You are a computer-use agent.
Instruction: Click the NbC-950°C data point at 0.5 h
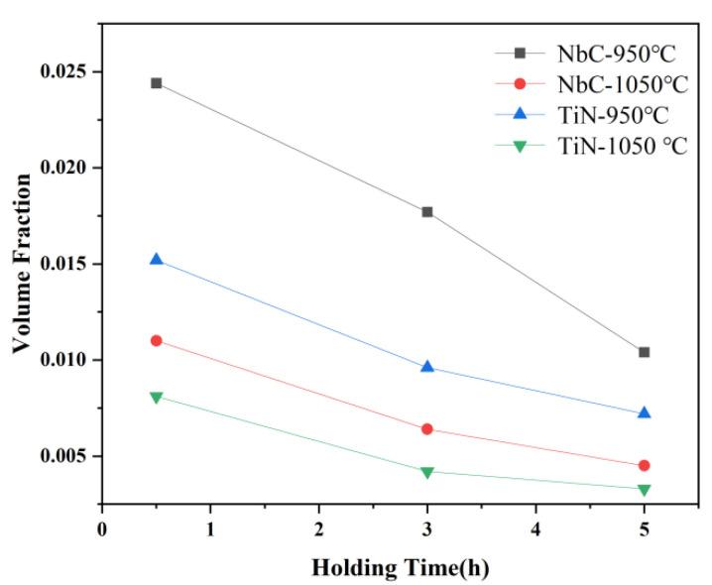pos(156,83)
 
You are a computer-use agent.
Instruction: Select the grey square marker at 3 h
pos(427,212)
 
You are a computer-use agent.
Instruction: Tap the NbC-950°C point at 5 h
pos(644,352)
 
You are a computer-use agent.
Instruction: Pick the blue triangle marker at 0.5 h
pos(156,260)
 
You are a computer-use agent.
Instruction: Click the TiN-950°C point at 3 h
pos(427,367)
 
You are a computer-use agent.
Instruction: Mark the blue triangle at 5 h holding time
pos(644,412)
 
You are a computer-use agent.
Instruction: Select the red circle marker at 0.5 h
pos(156,340)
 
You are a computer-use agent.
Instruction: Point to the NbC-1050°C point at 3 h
pos(427,428)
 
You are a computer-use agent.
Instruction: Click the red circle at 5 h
pos(644,465)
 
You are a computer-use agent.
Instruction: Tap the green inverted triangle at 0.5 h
pos(156,397)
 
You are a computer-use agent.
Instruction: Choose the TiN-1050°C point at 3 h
pos(427,472)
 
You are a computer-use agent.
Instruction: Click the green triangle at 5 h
pos(644,490)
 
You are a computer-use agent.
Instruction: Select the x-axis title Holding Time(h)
pos(400,568)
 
